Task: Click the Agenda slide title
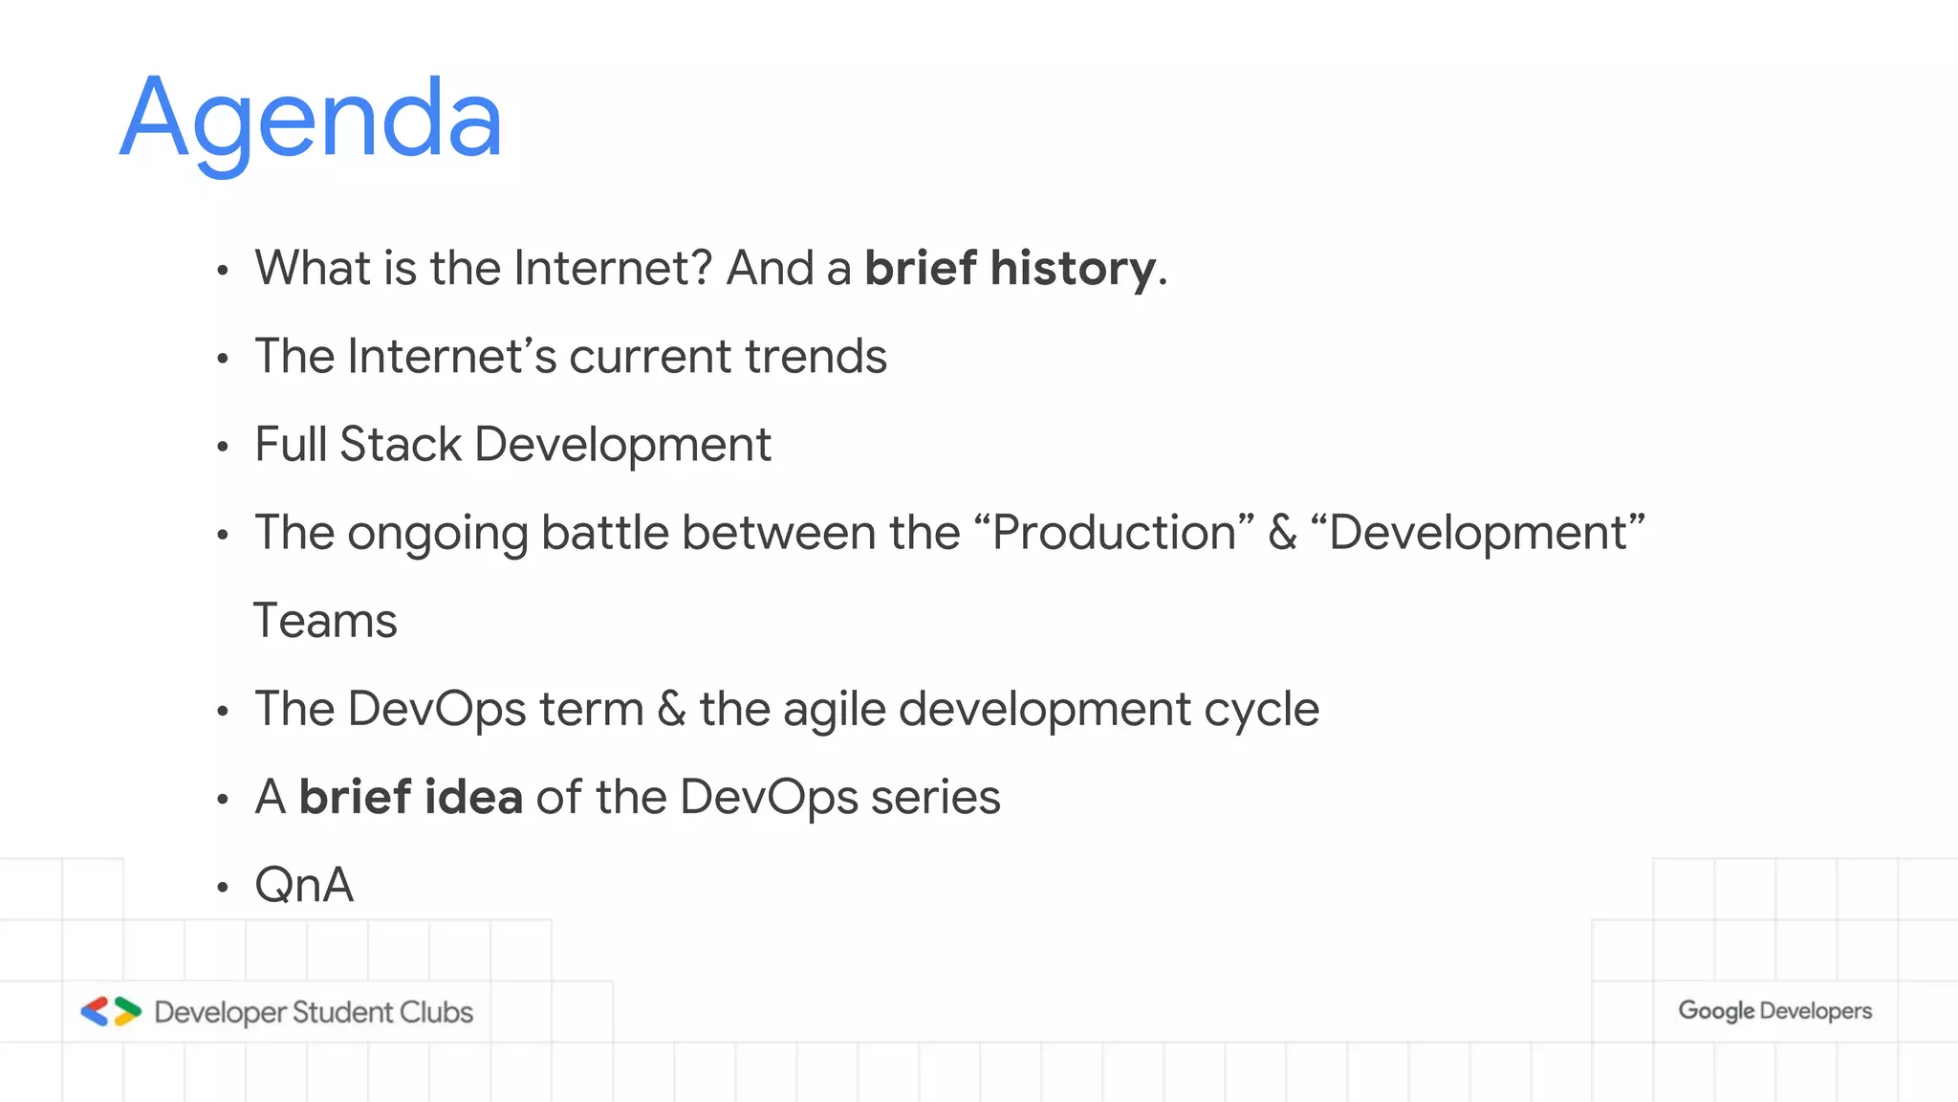311,120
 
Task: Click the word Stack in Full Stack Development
401,445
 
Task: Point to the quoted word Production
1114,533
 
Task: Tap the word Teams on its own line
325,621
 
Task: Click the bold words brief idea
410,797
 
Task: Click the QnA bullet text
304,885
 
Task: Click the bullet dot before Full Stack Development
223,447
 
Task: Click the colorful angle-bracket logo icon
111,1011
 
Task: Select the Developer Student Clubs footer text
314,1012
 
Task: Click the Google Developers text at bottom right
1774,1011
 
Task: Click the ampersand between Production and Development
1282,533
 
